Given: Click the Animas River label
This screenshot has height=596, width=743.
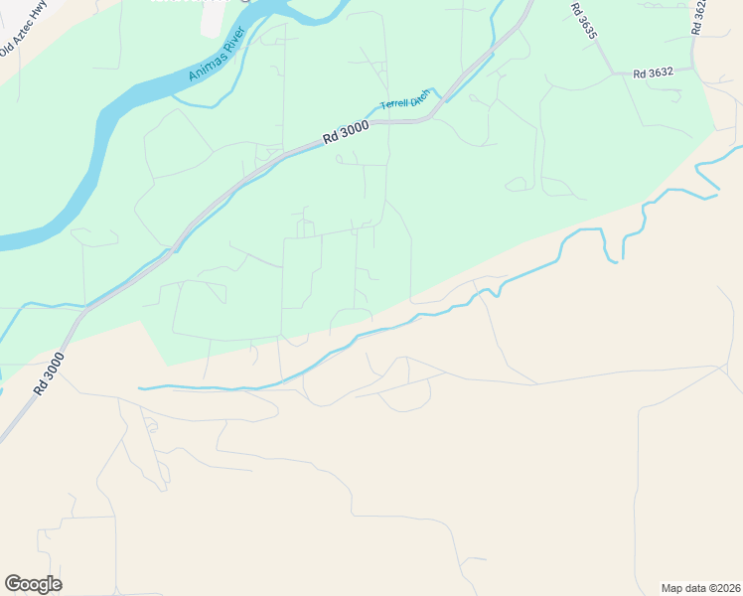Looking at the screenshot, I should click(217, 62).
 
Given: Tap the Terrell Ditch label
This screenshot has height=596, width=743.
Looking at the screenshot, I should click(405, 99).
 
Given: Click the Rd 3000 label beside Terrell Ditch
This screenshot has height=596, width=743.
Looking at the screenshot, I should click(346, 132).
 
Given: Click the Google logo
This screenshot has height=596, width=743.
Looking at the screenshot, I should click(33, 584).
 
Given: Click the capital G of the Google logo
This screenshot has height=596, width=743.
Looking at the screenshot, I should click(13, 583).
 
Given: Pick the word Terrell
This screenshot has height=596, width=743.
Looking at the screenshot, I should click(394, 103).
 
